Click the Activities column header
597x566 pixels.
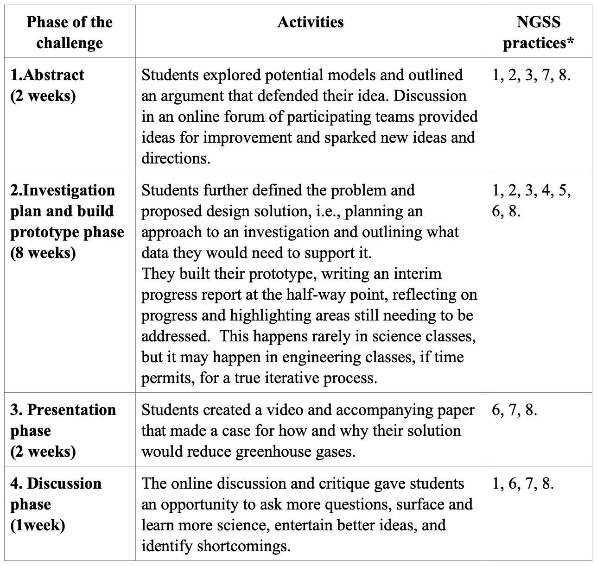click(x=311, y=22)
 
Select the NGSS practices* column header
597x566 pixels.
click(x=538, y=32)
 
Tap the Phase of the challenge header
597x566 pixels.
click(x=70, y=32)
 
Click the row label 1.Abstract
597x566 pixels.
click(x=47, y=75)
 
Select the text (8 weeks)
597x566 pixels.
click(x=43, y=253)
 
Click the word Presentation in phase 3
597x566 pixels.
click(x=71, y=410)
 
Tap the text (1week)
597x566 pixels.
click(x=38, y=525)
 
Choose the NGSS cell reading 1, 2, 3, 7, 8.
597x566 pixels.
click(x=531, y=75)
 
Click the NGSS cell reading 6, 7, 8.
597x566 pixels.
click(x=514, y=410)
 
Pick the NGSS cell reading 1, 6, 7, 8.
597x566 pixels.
click(x=523, y=484)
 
